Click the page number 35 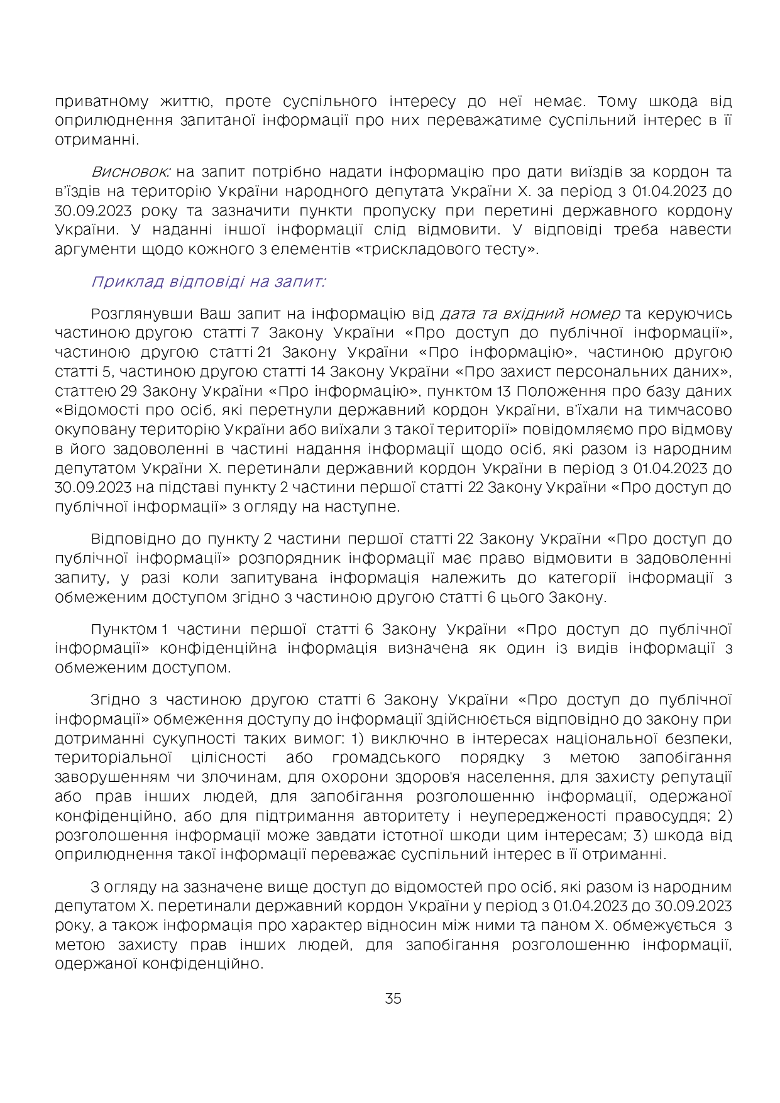point(393,999)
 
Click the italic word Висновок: point(130,172)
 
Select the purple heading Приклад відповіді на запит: point(208,281)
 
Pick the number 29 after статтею point(129,391)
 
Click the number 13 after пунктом point(503,391)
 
